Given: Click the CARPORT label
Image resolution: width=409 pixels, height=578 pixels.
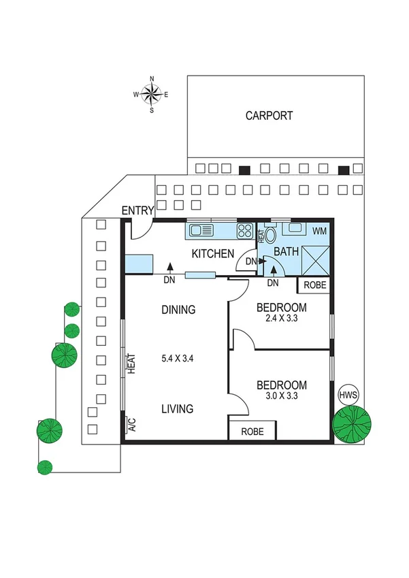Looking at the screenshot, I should click(x=269, y=116).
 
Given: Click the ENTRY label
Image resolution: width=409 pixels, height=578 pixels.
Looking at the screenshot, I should click(x=137, y=211).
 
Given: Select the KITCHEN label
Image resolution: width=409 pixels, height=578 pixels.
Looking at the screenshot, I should click(x=213, y=254).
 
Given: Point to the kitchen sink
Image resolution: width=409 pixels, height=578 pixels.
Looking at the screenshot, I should click(x=202, y=231).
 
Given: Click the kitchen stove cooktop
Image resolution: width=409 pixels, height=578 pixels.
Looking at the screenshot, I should click(x=244, y=231).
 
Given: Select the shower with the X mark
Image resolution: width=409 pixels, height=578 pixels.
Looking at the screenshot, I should click(x=315, y=258).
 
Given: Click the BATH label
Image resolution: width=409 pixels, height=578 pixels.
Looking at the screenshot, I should click(x=286, y=252).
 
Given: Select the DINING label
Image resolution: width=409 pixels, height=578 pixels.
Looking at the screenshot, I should click(x=178, y=310).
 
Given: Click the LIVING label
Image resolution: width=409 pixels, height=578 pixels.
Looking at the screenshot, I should click(x=177, y=409).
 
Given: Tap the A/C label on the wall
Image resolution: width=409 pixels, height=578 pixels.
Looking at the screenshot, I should click(x=132, y=425).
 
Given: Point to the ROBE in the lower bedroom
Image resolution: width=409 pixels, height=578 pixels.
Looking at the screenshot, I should click(x=252, y=431).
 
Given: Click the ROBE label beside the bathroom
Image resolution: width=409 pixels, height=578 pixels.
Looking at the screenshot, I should click(x=314, y=285).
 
